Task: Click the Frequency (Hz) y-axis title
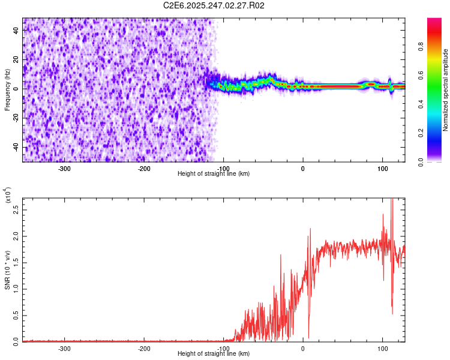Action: coord(7,90)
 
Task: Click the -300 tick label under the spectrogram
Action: coord(64,168)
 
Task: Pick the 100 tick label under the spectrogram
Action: coord(382,168)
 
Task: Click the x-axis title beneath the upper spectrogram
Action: coord(214,174)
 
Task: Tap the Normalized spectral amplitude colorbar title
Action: coord(446,90)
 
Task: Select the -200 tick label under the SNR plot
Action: coord(144,348)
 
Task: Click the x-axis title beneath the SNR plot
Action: coord(214,354)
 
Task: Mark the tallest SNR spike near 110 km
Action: coord(391,200)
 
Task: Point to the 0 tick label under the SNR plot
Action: coord(303,348)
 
